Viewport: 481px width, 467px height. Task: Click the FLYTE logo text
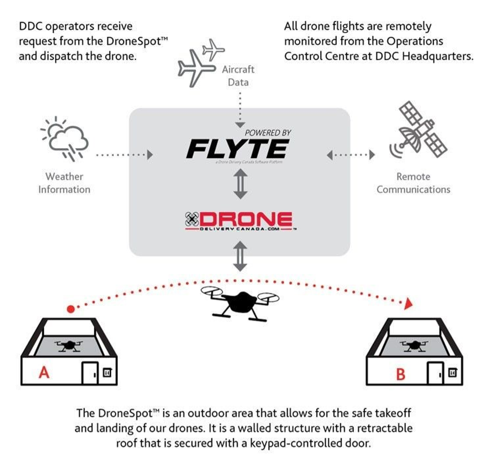pyautogui.click(x=238, y=149)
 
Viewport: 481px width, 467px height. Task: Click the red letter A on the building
pyautogui.click(x=44, y=372)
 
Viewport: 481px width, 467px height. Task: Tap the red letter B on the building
pyautogui.click(x=401, y=374)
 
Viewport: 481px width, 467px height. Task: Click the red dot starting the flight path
pyautogui.click(x=71, y=309)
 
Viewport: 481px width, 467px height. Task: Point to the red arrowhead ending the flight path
pyautogui.click(x=408, y=304)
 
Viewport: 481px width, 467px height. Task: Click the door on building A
pyautogui.click(x=89, y=373)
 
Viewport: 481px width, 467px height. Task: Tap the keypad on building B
pyautogui.click(x=452, y=373)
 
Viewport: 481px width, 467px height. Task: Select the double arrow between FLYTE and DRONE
pyautogui.click(x=240, y=184)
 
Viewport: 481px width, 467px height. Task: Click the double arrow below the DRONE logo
pyautogui.click(x=240, y=256)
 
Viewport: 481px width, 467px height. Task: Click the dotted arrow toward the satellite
pyautogui.click(x=351, y=155)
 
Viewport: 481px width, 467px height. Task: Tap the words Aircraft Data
pyautogui.click(x=238, y=76)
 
